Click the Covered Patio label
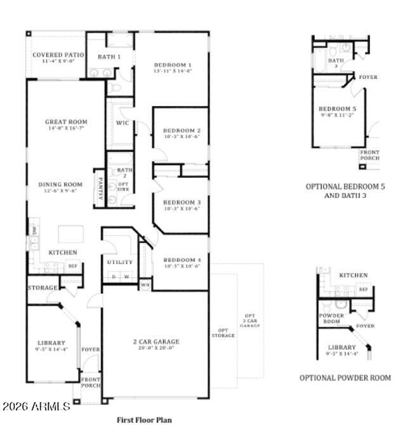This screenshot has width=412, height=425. (58, 55)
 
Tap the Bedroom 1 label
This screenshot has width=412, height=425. (173, 65)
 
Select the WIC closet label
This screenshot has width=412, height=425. (123, 123)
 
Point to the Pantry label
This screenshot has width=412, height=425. (100, 188)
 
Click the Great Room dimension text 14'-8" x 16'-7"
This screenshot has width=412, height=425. (66, 128)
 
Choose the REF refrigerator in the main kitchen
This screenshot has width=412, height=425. (73, 266)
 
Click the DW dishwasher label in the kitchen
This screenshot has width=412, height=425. (35, 231)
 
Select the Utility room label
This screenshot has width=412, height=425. (120, 262)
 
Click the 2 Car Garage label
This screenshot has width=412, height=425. (156, 342)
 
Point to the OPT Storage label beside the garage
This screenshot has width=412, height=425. (222, 332)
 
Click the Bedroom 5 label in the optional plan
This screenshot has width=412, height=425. (337, 109)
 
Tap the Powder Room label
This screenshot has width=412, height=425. (331, 318)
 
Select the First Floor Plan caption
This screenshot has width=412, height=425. (144, 420)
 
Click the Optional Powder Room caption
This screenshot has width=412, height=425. (345, 378)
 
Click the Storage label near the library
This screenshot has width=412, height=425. (42, 288)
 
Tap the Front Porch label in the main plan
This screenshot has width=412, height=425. (91, 382)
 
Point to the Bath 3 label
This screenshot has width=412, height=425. (336, 63)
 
